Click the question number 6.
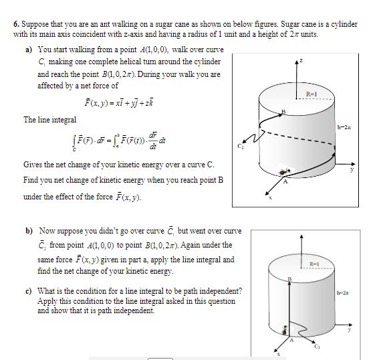tap(16, 24)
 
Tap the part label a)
tap(29, 50)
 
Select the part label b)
tap(29, 231)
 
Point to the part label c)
tap(29, 291)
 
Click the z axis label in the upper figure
tap(301, 60)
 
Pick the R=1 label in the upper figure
tap(311, 94)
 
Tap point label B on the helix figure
tap(283, 112)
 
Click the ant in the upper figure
tap(284, 171)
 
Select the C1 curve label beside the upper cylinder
tap(241, 147)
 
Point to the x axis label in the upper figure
tap(270, 198)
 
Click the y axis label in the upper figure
tap(352, 169)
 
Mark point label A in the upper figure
tap(285, 181)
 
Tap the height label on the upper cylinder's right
tap(344, 127)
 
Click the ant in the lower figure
tap(285, 330)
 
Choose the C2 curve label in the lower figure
tap(317, 347)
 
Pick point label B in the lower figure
tap(289, 279)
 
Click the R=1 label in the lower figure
tap(315, 264)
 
